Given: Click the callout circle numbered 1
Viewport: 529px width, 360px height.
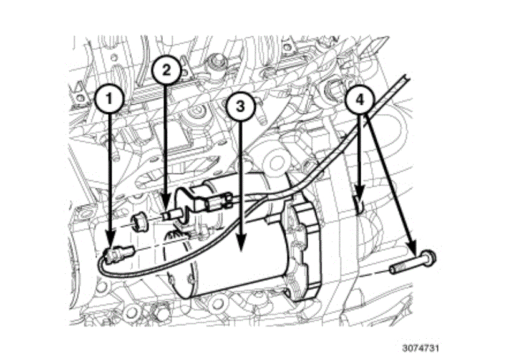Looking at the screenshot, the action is (x=110, y=99).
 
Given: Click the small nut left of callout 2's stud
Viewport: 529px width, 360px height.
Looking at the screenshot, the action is (x=140, y=220).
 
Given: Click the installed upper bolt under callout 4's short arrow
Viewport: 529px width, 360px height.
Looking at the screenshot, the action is (x=359, y=203).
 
